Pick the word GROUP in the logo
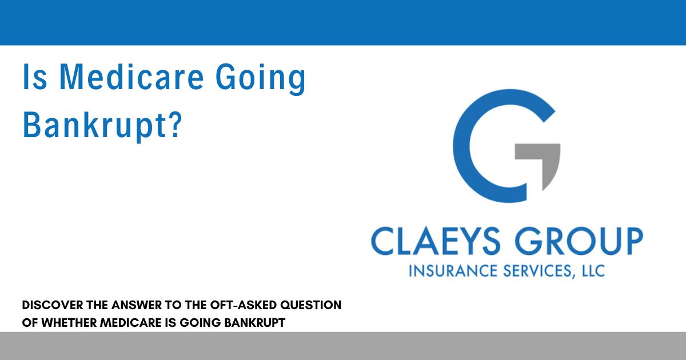[577, 241]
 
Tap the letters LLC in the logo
[591, 270]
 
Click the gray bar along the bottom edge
[343, 346]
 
